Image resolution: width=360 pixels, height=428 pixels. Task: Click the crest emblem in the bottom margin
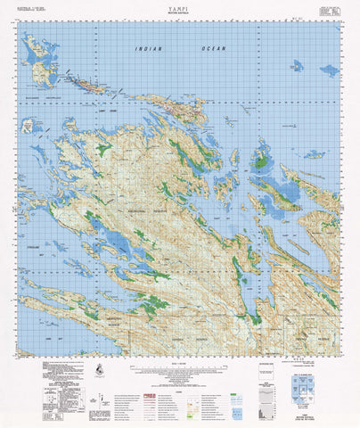coord(95,371)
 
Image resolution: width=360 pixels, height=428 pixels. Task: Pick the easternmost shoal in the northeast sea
coord(329,70)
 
